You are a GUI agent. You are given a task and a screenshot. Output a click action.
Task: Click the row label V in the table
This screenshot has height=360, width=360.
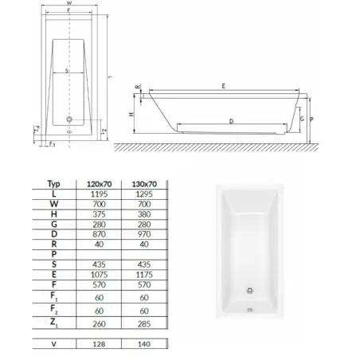point(53,345)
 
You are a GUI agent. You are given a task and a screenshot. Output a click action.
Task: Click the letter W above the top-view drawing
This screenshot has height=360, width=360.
point(69,4)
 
